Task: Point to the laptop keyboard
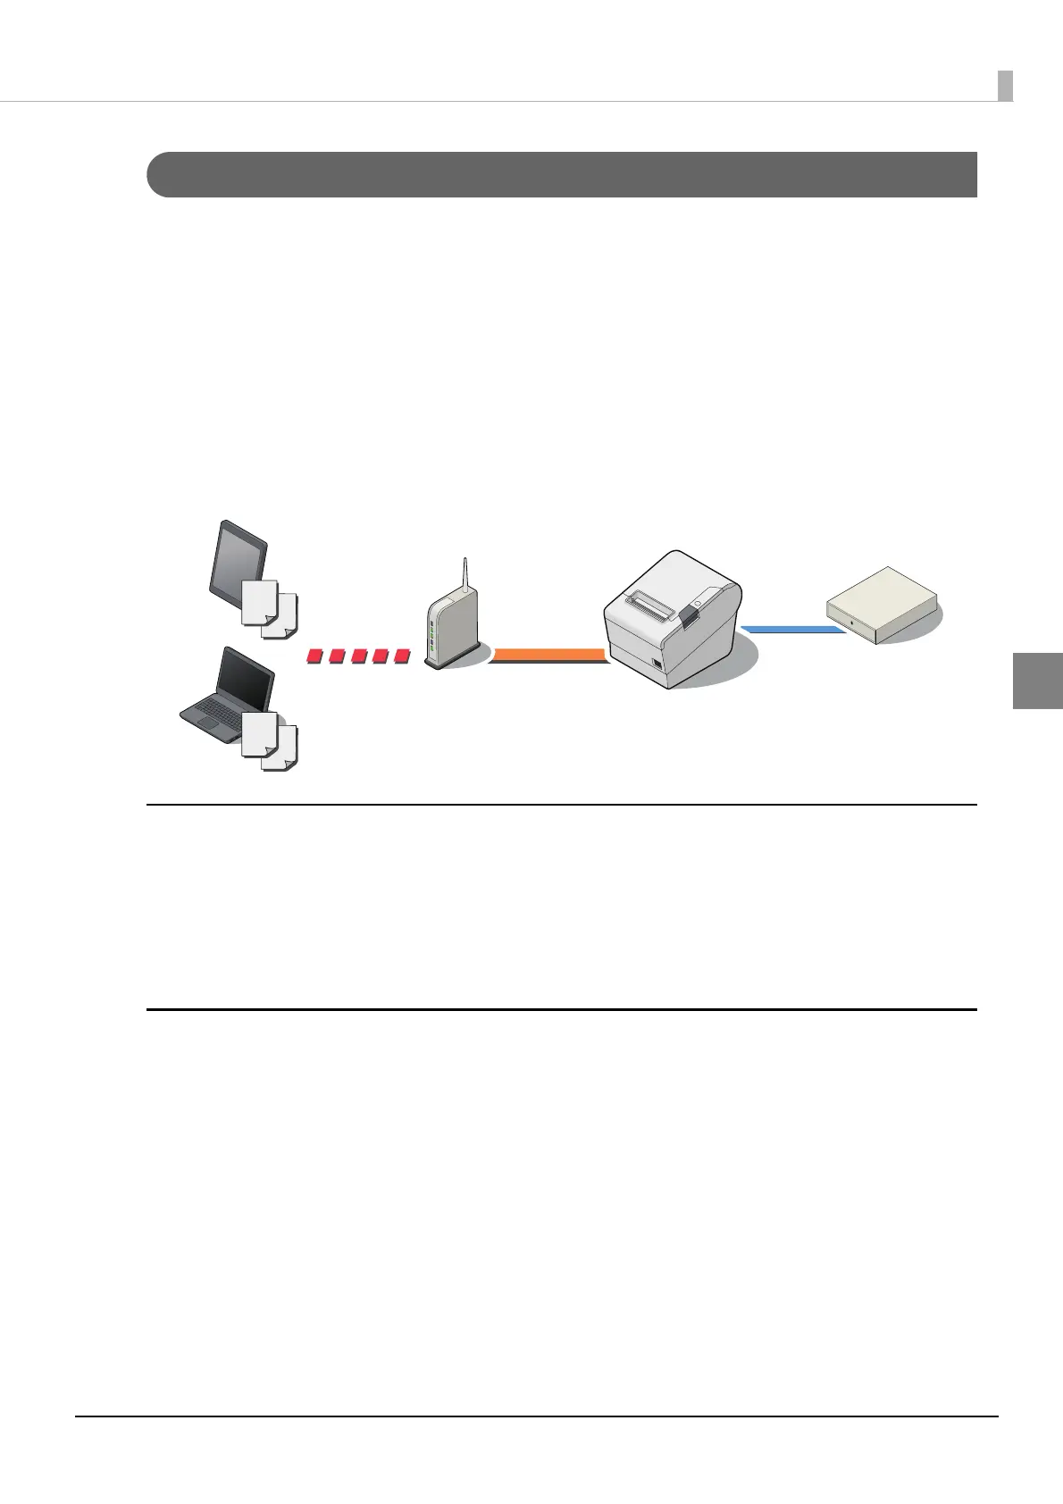click(x=214, y=715)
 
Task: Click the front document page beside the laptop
click(x=259, y=735)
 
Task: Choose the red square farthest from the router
click(x=314, y=657)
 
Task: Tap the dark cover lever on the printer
click(x=689, y=612)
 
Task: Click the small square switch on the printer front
click(x=657, y=664)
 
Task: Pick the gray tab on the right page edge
click(x=1038, y=680)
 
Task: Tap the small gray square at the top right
click(x=1005, y=86)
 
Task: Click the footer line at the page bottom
click(x=536, y=1416)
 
